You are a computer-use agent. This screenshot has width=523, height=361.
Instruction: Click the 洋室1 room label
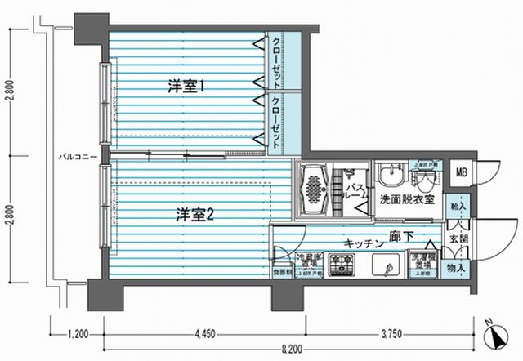[186, 84]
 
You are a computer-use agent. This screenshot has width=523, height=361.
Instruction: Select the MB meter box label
[462, 172]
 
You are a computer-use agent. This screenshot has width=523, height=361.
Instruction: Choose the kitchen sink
[383, 265]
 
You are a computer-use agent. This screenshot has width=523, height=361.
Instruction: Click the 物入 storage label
[456, 265]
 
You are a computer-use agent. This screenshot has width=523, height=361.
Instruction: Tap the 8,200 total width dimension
[282, 349]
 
